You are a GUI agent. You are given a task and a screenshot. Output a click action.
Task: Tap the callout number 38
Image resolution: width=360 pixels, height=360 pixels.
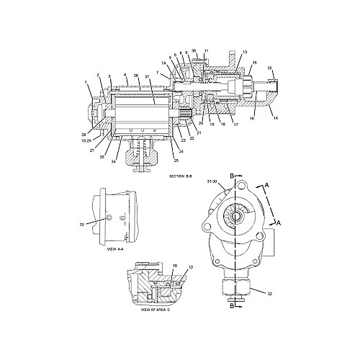(x=136, y=76)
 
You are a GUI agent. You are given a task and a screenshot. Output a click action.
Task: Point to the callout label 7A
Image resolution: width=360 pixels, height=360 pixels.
(x=164, y=64)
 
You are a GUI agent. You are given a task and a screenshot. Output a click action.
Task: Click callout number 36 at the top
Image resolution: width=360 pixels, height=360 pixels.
(x=194, y=50)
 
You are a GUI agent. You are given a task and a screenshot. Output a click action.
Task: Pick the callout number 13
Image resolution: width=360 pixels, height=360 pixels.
(x=245, y=52)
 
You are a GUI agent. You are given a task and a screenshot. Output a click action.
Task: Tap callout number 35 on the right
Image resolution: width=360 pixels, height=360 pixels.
(x=270, y=68)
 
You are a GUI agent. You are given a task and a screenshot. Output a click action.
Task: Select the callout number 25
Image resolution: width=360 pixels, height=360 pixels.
(x=176, y=159)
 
